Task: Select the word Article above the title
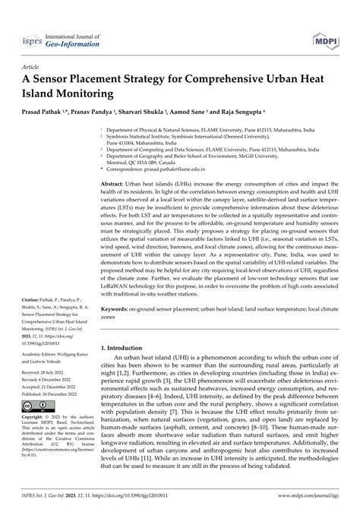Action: [34, 67]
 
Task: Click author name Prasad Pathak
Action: [46, 113]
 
